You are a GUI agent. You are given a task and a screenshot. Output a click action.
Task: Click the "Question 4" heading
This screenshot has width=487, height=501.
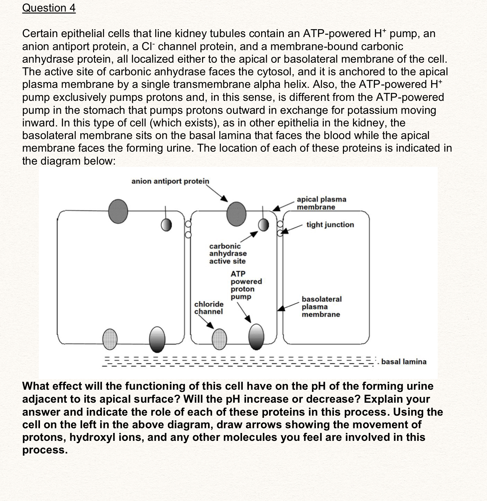coord(49,8)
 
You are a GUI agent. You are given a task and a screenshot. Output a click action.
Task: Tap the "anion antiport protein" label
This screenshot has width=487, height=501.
coord(170,181)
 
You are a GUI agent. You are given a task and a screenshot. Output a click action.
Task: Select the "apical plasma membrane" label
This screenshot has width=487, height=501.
coord(321,203)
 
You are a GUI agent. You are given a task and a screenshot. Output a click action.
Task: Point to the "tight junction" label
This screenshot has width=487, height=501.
coord(330,225)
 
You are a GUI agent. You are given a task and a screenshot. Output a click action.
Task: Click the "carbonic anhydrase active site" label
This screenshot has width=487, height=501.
coord(228,254)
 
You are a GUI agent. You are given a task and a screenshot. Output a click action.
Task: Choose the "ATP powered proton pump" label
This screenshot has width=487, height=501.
coord(246,285)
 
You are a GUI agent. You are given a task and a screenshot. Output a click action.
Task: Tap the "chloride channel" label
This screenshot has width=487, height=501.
coord(209,308)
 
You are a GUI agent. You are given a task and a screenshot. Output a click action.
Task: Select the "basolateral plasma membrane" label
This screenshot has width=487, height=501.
coord(321,307)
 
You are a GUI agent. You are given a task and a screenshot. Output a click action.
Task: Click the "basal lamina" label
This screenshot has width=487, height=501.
coord(404,362)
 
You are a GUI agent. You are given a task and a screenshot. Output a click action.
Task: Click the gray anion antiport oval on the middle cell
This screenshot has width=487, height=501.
coord(236,213)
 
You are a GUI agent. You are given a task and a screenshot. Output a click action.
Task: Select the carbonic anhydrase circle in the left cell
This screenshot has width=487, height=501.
coord(166,225)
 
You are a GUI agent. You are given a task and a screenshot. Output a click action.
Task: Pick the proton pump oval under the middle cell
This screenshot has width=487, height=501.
coord(256,337)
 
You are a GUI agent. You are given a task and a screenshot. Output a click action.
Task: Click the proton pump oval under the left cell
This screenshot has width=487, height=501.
coord(157,339)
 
